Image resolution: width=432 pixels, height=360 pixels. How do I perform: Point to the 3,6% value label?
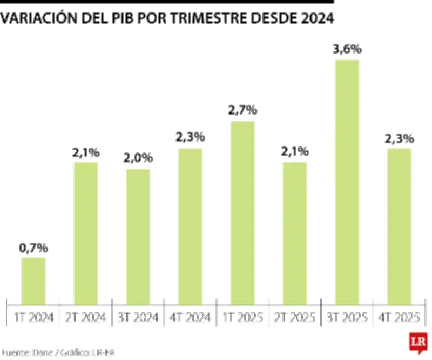coord(347,50)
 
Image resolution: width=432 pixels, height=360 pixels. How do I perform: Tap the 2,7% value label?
coord(242,111)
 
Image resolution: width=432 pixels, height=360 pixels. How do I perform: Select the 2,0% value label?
coord(138,159)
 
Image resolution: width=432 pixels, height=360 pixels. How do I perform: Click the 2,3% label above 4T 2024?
coord(190,138)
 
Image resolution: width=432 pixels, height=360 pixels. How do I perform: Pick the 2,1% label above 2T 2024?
coord(86,152)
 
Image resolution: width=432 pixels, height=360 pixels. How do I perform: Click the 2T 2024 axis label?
coord(86,317)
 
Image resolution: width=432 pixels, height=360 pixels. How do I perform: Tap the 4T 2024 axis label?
coord(190,317)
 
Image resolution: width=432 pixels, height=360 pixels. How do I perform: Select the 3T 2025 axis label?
coord(347,317)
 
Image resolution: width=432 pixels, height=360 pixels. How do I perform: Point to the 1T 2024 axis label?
coord(33,317)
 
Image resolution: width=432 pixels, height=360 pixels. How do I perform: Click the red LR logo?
coord(417,342)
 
